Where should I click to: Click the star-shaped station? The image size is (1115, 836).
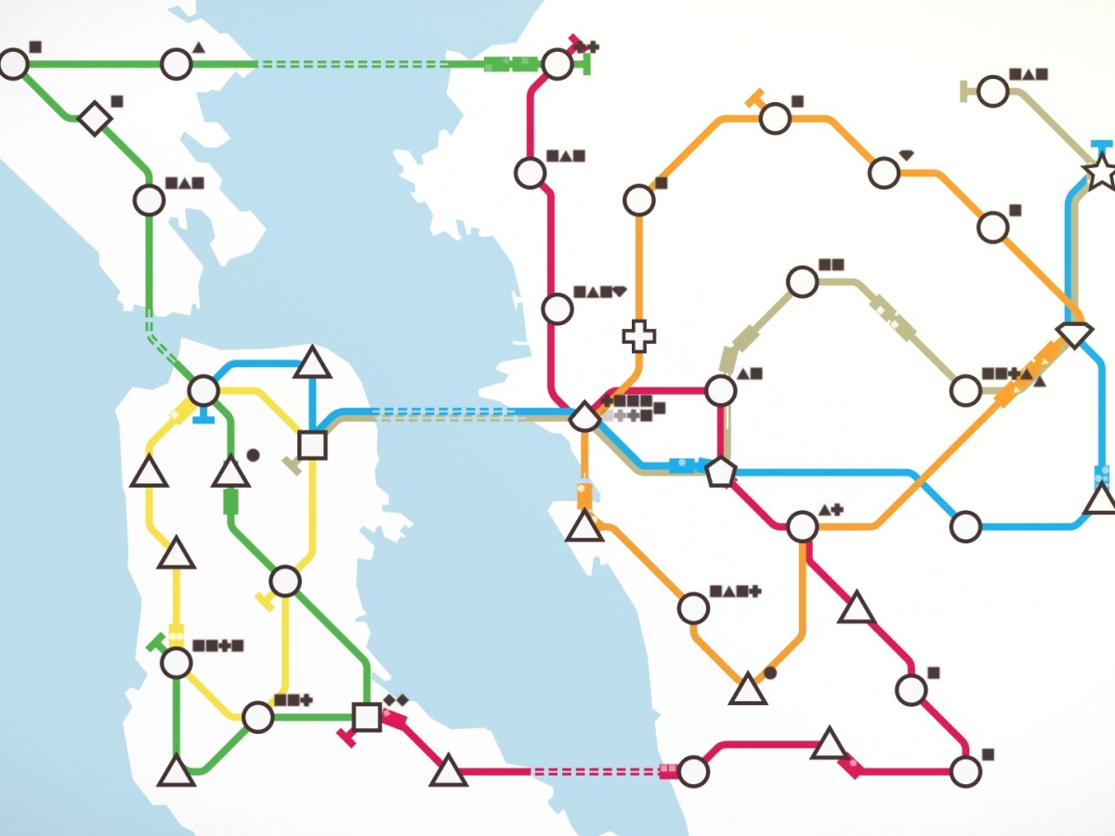1100,172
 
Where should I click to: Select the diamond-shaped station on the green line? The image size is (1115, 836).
95,118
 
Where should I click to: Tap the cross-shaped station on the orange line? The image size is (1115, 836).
638,335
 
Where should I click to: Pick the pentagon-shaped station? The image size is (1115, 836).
720,472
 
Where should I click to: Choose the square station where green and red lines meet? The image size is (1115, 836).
367,716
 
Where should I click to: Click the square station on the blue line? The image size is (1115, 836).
313,444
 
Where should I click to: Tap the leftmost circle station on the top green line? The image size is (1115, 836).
14,64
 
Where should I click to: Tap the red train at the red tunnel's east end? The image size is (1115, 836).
669,770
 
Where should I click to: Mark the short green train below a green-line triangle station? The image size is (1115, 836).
230,502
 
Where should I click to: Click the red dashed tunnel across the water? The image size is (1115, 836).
594,771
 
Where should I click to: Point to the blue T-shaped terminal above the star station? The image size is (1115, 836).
1101,145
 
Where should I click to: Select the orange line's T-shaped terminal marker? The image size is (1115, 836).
754,98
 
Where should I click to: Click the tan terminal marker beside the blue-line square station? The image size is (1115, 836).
292,465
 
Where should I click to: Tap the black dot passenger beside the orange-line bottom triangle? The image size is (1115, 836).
769,672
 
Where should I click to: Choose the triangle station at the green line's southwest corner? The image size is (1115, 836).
177,770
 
